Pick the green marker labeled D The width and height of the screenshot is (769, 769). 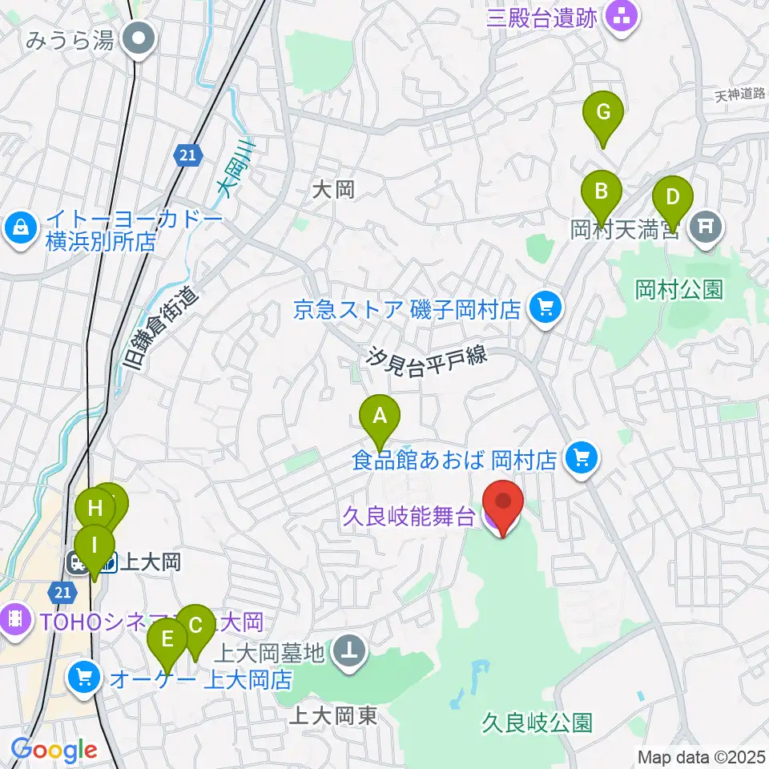coord(673,197)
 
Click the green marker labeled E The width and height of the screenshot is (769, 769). coord(167,640)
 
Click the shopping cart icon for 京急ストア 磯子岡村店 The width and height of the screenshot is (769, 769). coord(546,306)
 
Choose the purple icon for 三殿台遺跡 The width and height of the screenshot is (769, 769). coord(620,14)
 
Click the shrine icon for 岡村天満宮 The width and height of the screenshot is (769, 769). coord(706,226)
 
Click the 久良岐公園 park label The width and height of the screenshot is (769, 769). coord(537,724)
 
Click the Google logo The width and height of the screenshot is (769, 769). coord(54,751)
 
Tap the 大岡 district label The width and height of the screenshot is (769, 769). coord(333,190)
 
